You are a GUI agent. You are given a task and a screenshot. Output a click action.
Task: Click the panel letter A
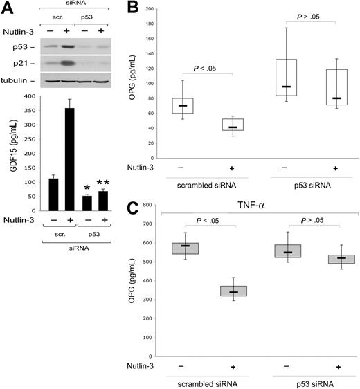pyautogui.click(x=9, y=8)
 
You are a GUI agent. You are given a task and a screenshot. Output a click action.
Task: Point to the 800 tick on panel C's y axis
pyautogui.click(x=163, y=206)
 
